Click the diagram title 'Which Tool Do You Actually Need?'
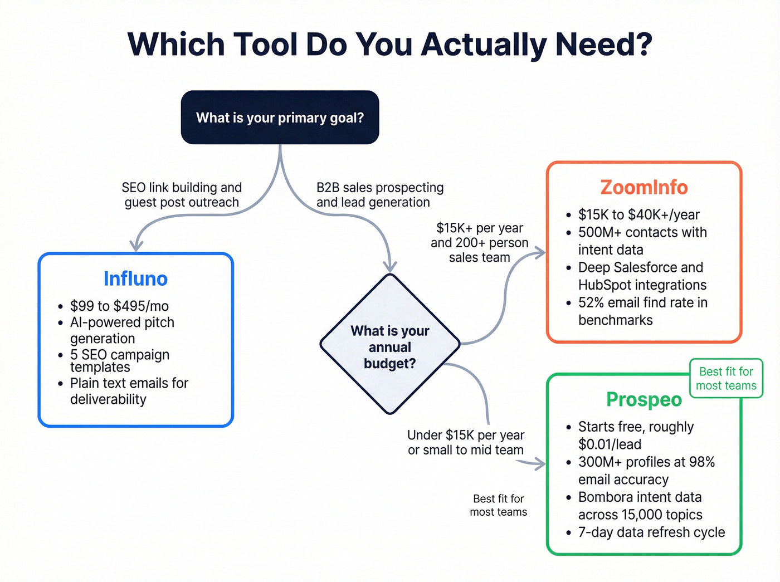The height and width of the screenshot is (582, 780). point(390,45)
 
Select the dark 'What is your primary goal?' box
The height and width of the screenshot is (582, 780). point(280,118)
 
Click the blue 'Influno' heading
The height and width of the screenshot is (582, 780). point(135,278)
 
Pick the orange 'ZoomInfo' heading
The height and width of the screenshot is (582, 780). point(644,188)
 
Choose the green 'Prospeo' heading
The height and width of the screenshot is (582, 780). point(644,399)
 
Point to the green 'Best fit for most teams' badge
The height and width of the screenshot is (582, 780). point(726,379)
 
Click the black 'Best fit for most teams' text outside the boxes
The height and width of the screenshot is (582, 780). point(498,505)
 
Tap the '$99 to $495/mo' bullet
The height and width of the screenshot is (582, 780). point(119,306)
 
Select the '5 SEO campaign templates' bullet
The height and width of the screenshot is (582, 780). point(119,361)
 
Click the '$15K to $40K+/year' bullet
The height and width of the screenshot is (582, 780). point(638,214)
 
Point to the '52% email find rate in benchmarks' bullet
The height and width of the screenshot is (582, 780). point(642,311)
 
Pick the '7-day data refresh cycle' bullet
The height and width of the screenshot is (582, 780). point(651,532)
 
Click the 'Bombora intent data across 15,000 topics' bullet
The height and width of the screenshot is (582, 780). point(640,506)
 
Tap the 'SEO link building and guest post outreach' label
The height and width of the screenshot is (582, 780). point(182,195)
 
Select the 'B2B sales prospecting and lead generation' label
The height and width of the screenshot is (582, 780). point(380,195)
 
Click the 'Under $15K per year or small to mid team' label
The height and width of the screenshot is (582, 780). point(466,442)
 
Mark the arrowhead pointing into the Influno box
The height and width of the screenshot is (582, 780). point(136,246)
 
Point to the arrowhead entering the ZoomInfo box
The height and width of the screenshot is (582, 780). point(540,253)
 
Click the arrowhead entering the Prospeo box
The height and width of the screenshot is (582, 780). point(540,463)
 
